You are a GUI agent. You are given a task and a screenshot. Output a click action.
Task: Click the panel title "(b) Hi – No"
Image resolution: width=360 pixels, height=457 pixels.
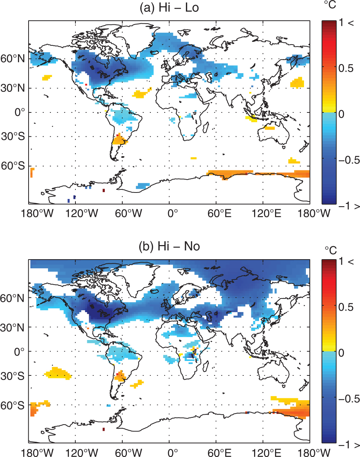point(169,247)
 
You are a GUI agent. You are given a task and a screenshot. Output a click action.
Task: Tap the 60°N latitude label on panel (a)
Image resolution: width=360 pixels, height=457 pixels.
point(13,59)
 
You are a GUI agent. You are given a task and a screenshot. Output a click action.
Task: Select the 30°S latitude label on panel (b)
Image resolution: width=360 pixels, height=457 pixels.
point(13,376)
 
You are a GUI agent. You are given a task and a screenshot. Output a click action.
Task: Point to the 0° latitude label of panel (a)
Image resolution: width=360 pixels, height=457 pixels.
point(19,112)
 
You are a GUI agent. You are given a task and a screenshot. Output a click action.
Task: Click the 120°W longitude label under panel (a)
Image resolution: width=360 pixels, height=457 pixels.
point(82,214)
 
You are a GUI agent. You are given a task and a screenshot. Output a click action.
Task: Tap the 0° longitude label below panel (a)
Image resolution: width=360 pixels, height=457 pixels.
point(173,214)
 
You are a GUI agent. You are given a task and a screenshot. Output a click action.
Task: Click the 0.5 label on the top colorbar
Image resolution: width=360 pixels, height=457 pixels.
point(346,68)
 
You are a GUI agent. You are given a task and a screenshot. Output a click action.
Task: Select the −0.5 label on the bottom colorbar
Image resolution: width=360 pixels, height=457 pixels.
point(349,398)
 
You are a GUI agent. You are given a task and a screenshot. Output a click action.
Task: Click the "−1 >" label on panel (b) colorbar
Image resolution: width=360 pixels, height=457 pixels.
point(349,445)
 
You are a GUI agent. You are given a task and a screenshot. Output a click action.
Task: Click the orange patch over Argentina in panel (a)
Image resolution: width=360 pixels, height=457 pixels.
point(120,140)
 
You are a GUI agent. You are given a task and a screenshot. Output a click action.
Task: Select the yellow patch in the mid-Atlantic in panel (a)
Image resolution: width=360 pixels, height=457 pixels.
point(142,93)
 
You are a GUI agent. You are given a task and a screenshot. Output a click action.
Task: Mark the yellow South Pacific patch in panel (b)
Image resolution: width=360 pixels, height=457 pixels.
point(58,373)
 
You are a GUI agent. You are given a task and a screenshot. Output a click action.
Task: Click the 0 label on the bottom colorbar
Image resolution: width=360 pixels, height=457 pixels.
point(341,353)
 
